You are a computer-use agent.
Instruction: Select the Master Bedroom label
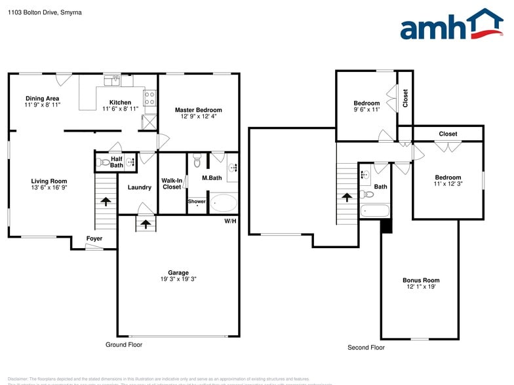(198, 110)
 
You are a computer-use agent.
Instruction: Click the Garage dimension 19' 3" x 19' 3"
(178, 279)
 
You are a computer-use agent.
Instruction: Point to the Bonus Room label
(420, 280)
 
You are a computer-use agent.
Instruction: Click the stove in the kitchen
(149, 98)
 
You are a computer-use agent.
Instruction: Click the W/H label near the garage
(230, 221)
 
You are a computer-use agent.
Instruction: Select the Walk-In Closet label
(171, 183)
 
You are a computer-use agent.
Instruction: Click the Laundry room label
(139, 187)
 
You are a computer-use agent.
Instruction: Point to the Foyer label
(94, 239)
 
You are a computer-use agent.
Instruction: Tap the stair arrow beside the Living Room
(105, 202)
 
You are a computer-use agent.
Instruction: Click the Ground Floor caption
(124, 344)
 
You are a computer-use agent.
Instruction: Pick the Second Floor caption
(366, 348)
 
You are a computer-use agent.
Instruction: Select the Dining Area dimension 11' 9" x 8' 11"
(43, 105)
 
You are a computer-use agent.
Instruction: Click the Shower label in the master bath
(197, 202)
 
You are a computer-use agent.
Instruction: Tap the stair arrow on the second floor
(346, 196)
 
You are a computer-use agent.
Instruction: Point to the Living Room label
(49, 181)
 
